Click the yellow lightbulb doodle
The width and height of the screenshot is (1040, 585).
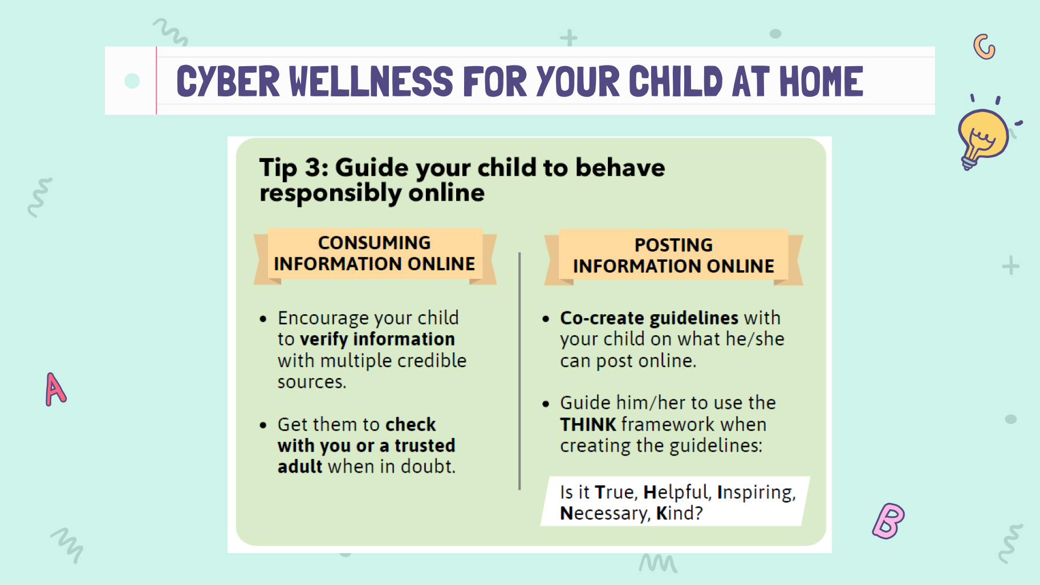(x=982, y=137)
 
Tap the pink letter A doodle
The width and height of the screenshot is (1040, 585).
(x=55, y=390)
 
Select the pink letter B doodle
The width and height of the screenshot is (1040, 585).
(x=888, y=521)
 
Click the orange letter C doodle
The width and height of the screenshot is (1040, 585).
(x=984, y=47)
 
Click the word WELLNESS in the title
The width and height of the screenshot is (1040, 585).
(x=371, y=82)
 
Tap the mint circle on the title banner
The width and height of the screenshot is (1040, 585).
(x=132, y=81)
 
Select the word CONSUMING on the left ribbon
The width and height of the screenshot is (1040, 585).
(x=375, y=243)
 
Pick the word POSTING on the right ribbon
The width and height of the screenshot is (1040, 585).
(x=673, y=245)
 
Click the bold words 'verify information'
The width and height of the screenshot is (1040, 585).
(x=377, y=339)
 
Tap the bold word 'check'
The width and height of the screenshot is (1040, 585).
(x=411, y=425)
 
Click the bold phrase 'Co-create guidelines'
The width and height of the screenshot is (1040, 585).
(x=649, y=318)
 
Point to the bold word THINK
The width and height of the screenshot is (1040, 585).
(x=588, y=425)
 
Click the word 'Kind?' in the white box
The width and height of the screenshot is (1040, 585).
(x=680, y=513)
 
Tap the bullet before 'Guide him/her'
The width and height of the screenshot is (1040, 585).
(x=546, y=404)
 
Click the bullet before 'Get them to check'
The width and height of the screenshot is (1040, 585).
(x=263, y=425)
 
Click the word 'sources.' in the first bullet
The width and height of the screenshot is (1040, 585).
(x=312, y=382)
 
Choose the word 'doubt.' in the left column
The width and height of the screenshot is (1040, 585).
(x=428, y=466)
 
